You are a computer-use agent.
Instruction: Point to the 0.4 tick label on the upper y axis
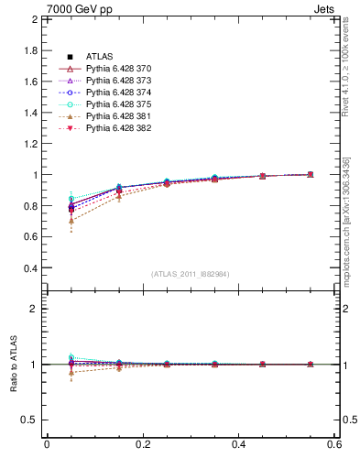pos(29,268)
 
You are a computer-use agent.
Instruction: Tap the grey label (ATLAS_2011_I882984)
pos(191,274)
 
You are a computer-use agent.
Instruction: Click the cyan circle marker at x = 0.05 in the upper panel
pos(71,199)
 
